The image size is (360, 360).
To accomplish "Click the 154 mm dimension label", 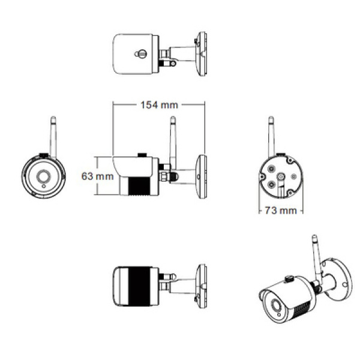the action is tap(159, 105).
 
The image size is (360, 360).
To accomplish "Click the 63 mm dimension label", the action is tap(97, 176).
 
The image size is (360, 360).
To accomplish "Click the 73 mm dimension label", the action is tap(281, 211).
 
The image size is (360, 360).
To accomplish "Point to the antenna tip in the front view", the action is tap(53, 118).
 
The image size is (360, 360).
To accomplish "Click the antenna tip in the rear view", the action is tap(271, 118).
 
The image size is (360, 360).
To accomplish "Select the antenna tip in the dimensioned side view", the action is tap(173, 118).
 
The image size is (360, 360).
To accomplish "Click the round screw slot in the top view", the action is tap(140, 54).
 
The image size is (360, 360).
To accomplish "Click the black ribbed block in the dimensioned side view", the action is tap(139, 186).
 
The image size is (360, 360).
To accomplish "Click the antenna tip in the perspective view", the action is tap(314, 237).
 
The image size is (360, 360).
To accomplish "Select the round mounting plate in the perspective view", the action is tap(338, 279).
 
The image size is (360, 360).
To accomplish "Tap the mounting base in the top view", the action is tap(202, 54).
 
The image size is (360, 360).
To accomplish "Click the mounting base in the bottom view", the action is tap(202, 286).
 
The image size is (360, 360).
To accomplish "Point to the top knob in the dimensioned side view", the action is tap(142, 155).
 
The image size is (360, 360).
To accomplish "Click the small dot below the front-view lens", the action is tap(44, 186).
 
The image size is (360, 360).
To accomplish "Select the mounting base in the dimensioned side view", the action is tap(202, 176).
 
